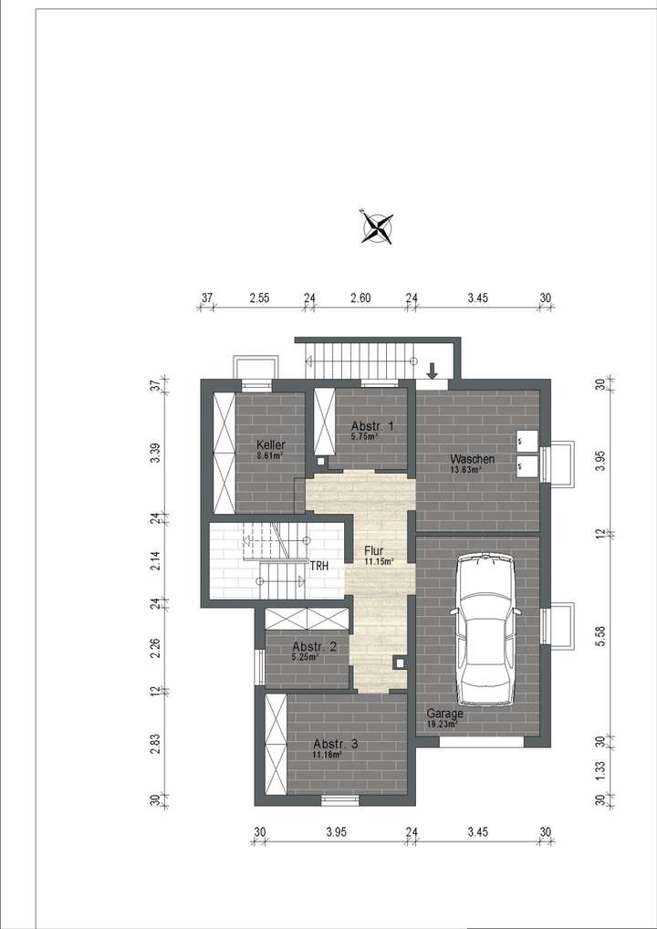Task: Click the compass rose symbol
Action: click(375, 226)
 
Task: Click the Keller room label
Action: click(271, 444)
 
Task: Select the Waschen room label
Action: click(472, 459)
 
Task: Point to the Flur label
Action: click(374, 551)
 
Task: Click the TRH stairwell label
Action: click(318, 566)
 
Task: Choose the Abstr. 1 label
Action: click(372, 426)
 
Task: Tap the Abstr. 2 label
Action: click(314, 646)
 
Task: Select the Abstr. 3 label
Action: click(335, 744)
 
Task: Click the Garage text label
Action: click(445, 714)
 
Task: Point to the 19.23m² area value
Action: click(442, 725)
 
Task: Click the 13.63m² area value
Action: click(466, 470)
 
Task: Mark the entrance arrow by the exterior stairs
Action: click(433, 370)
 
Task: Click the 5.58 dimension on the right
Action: click(600, 637)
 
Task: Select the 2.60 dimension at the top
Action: click(360, 297)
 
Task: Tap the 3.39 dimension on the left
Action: click(156, 453)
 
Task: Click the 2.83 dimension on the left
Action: click(156, 744)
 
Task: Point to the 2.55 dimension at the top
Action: click(258, 297)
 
